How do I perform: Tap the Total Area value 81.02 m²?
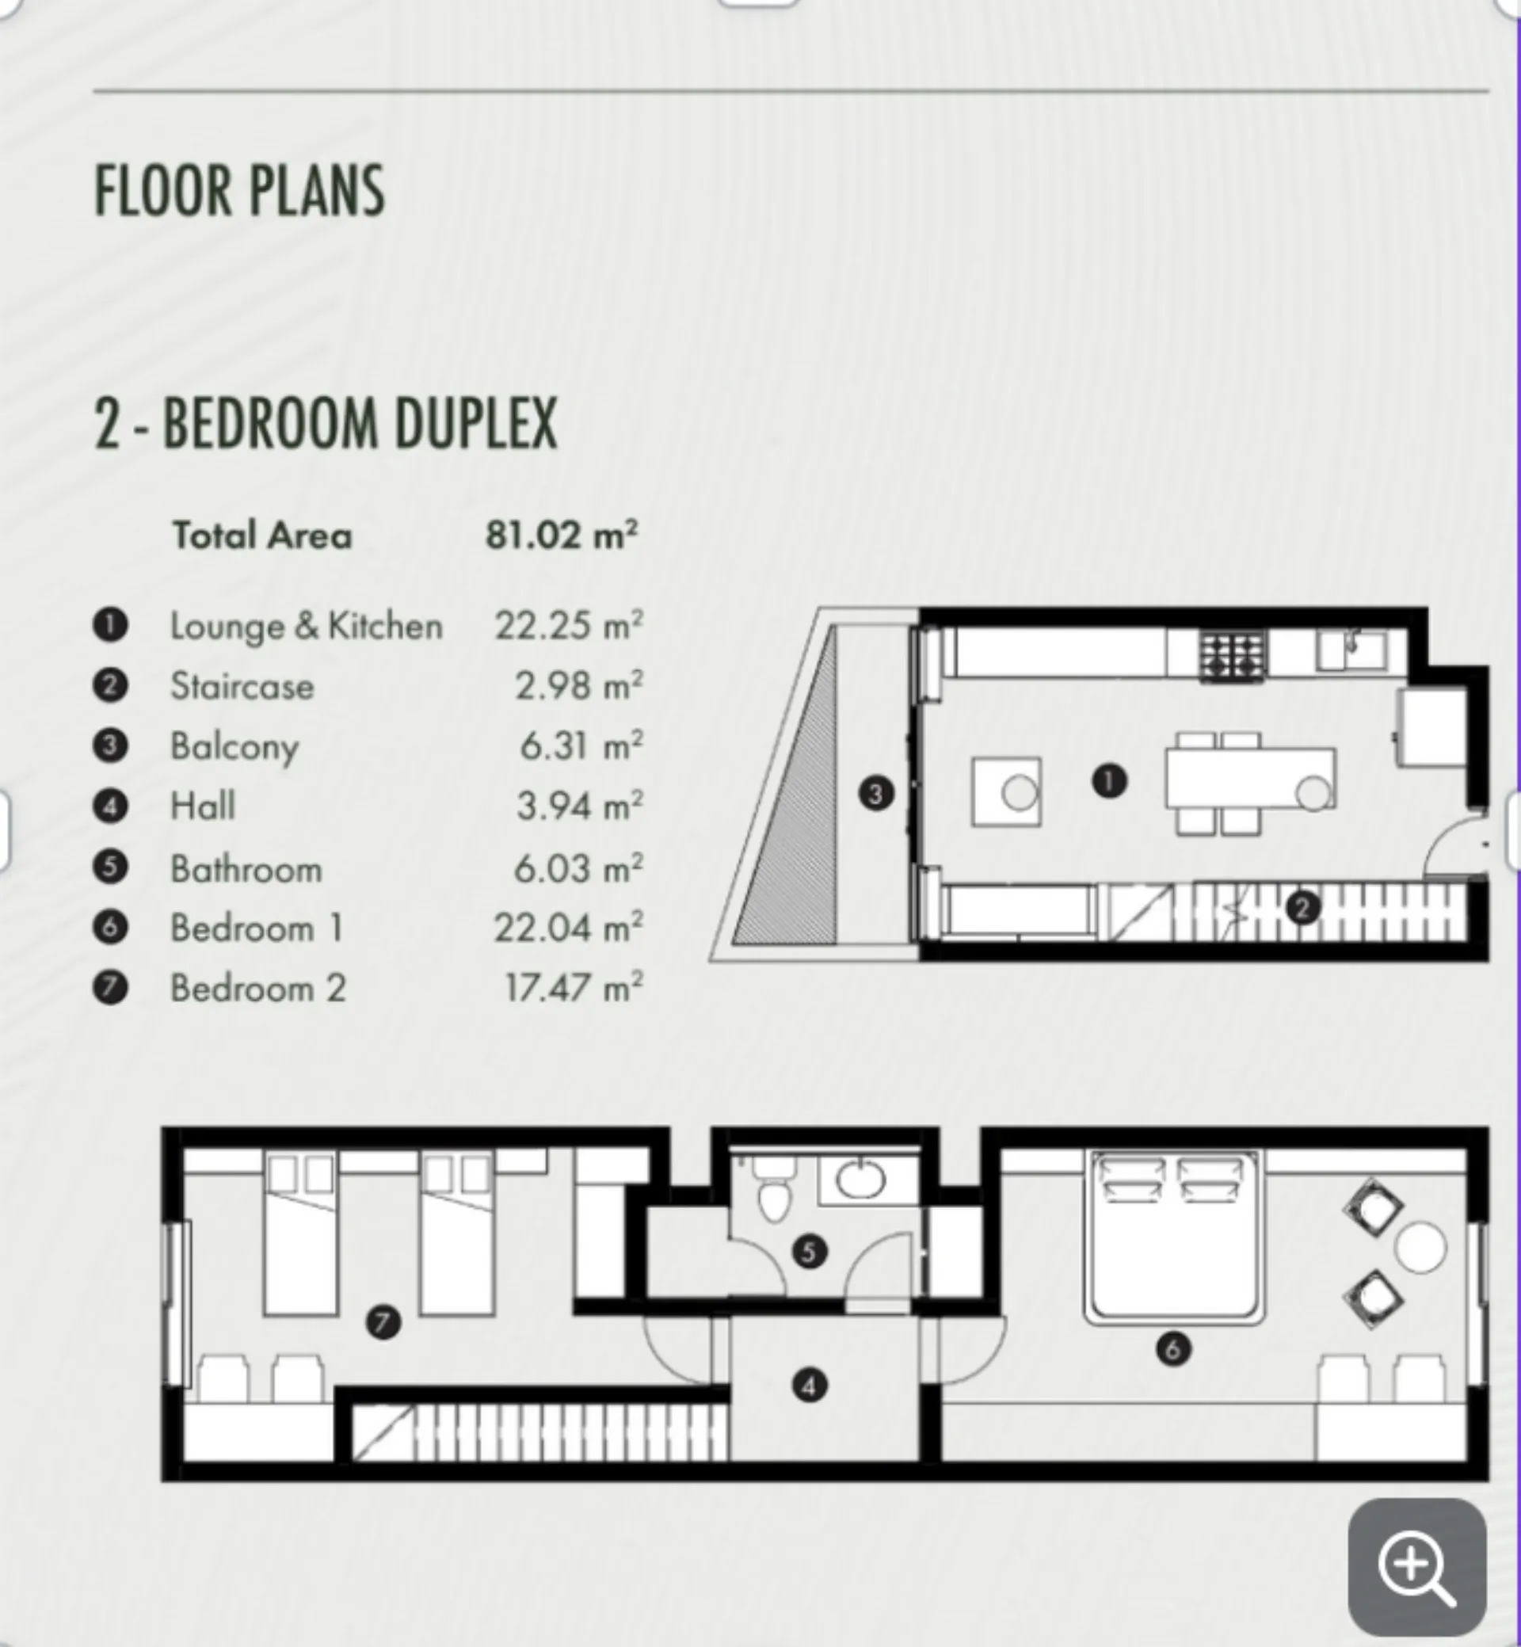coord(562,535)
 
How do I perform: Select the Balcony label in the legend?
coord(234,746)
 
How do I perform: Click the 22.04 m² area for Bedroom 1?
coord(568,928)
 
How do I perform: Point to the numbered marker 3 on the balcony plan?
coord(875,795)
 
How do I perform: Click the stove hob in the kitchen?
coord(1232,656)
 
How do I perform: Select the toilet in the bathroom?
coord(773,1188)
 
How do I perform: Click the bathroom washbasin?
coord(861,1179)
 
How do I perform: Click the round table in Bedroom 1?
coord(1420,1248)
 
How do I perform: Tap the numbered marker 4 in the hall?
coord(809,1386)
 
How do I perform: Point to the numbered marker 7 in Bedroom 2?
coord(383,1323)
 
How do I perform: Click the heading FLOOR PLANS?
coord(239,191)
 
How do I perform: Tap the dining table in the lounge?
coord(1250,778)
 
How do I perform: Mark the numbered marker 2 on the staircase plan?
coord(1302,908)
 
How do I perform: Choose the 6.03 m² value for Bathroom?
coord(578,868)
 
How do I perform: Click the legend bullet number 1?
coord(110,625)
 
